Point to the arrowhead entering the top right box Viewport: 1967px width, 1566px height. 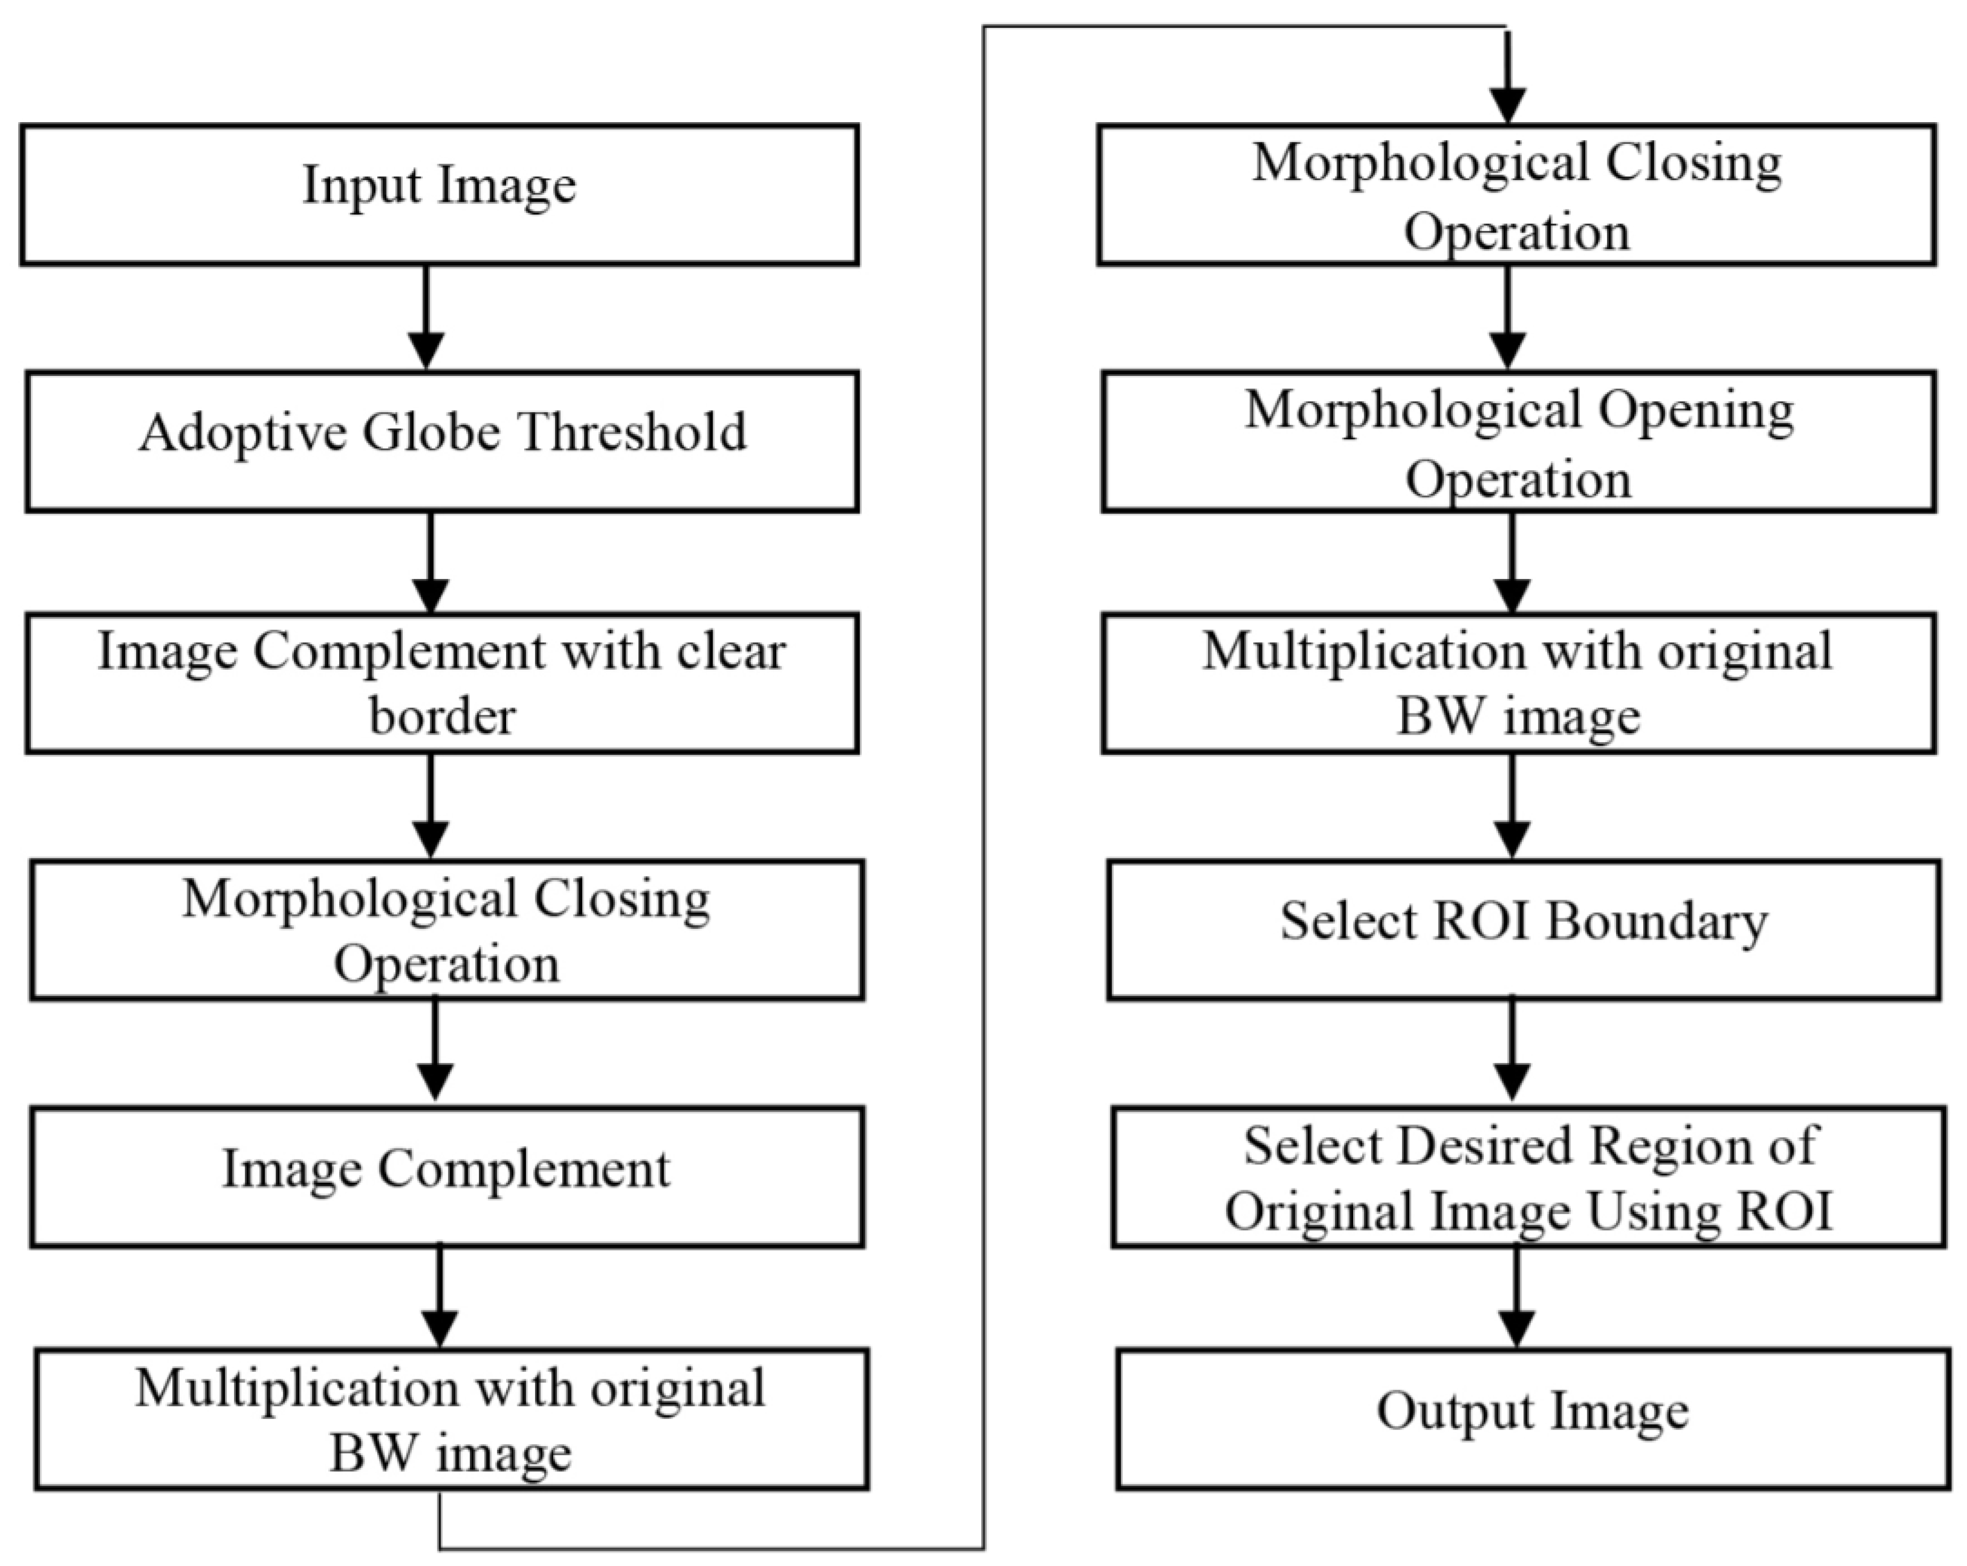(1507, 105)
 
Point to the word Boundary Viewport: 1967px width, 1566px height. (1656, 921)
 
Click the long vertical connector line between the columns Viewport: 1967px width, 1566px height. (983, 784)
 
